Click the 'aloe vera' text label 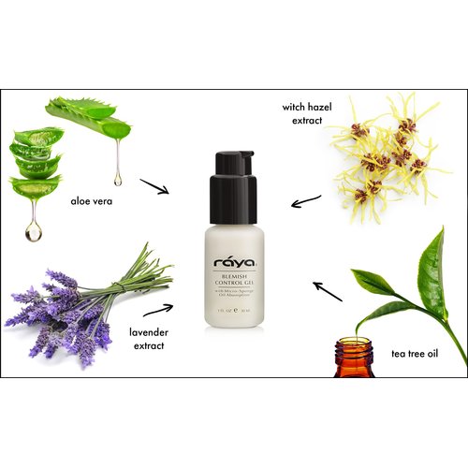[95, 199]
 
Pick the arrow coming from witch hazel [305, 200]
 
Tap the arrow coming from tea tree [327, 291]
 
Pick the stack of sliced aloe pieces [35, 164]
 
